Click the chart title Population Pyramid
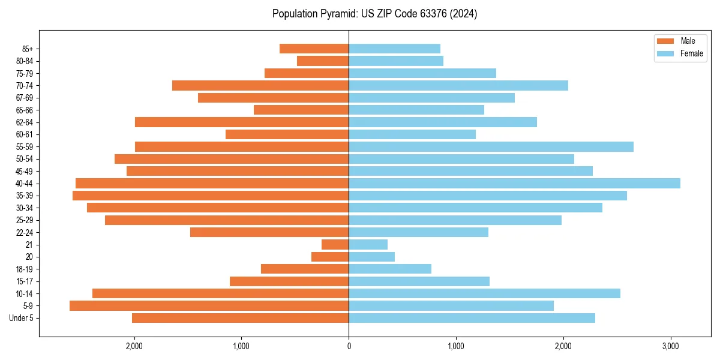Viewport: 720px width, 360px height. (x=374, y=14)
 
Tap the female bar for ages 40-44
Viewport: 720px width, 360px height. (x=514, y=184)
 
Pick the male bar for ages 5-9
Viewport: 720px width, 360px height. (x=209, y=306)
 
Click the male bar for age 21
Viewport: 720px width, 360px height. (x=335, y=245)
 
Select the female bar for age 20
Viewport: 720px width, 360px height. (x=371, y=257)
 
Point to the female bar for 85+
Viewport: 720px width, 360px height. (x=394, y=49)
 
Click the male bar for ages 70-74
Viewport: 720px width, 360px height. (x=260, y=86)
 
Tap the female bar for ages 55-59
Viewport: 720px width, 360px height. (x=491, y=147)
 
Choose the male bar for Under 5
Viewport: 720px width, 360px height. (x=240, y=318)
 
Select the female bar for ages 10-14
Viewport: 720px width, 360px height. (x=484, y=293)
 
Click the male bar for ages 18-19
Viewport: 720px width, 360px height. (x=305, y=269)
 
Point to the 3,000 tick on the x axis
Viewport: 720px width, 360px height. (x=670, y=346)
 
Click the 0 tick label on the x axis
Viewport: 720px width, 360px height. (x=349, y=346)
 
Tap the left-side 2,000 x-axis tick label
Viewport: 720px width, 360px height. (x=134, y=346)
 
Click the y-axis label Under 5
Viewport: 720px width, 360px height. (x=22, y=318)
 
